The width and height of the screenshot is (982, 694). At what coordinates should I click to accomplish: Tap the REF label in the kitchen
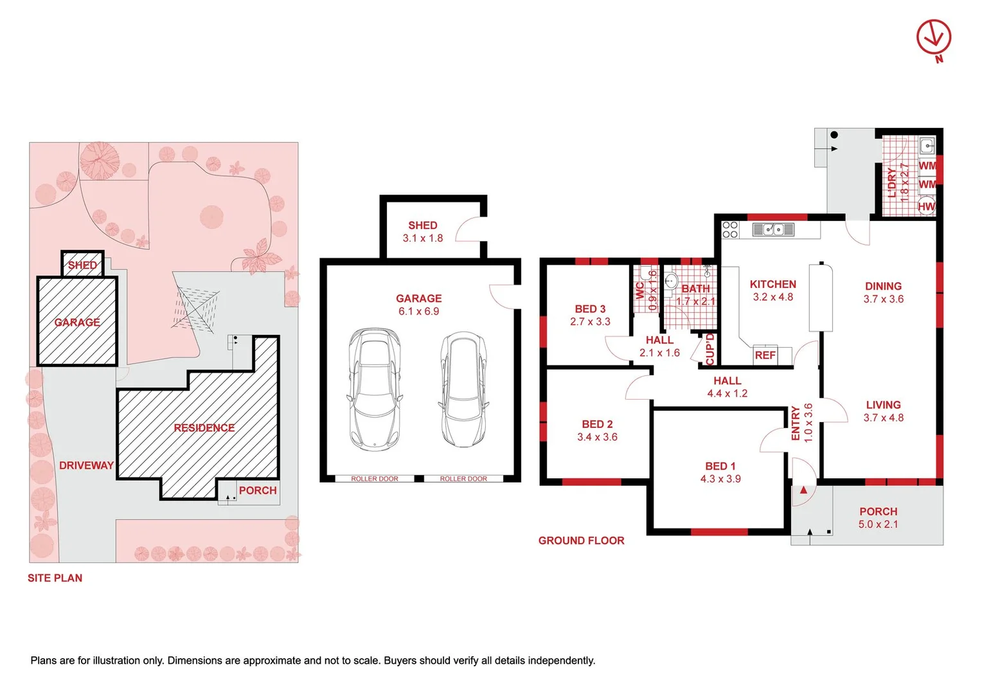click(765, 355)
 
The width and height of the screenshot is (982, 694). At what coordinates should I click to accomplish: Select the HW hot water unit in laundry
click(926, 206)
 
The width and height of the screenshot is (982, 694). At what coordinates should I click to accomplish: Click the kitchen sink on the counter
click(773, 229)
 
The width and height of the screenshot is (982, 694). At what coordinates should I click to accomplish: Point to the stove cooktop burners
click(730, 229)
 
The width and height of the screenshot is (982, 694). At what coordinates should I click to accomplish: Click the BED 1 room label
click(720, 466)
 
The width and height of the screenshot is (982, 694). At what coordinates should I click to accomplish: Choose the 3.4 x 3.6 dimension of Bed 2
click(597, 437)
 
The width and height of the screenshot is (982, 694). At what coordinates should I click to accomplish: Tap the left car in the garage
click(375, 389)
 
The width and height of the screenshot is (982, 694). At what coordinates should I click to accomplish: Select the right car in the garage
click(463, 389)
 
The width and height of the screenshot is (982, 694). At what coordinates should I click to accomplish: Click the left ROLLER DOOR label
click(375, 479)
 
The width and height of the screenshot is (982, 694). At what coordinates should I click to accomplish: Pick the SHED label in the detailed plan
click(423, 226)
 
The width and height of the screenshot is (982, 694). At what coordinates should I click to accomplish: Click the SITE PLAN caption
click(55, 578)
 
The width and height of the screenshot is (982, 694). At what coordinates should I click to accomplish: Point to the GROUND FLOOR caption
click(582, 540)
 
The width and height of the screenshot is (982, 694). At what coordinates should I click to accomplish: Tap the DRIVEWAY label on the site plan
click(86, 466)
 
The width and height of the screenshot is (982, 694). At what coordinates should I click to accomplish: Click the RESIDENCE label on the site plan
click(204, 428)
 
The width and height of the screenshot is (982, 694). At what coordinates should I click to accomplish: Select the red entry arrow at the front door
click(803, 490)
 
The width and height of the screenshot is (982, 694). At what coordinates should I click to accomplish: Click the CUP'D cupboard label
click(710, 350)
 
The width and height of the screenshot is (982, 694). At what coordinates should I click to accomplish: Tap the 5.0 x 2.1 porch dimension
click(878, 524)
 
